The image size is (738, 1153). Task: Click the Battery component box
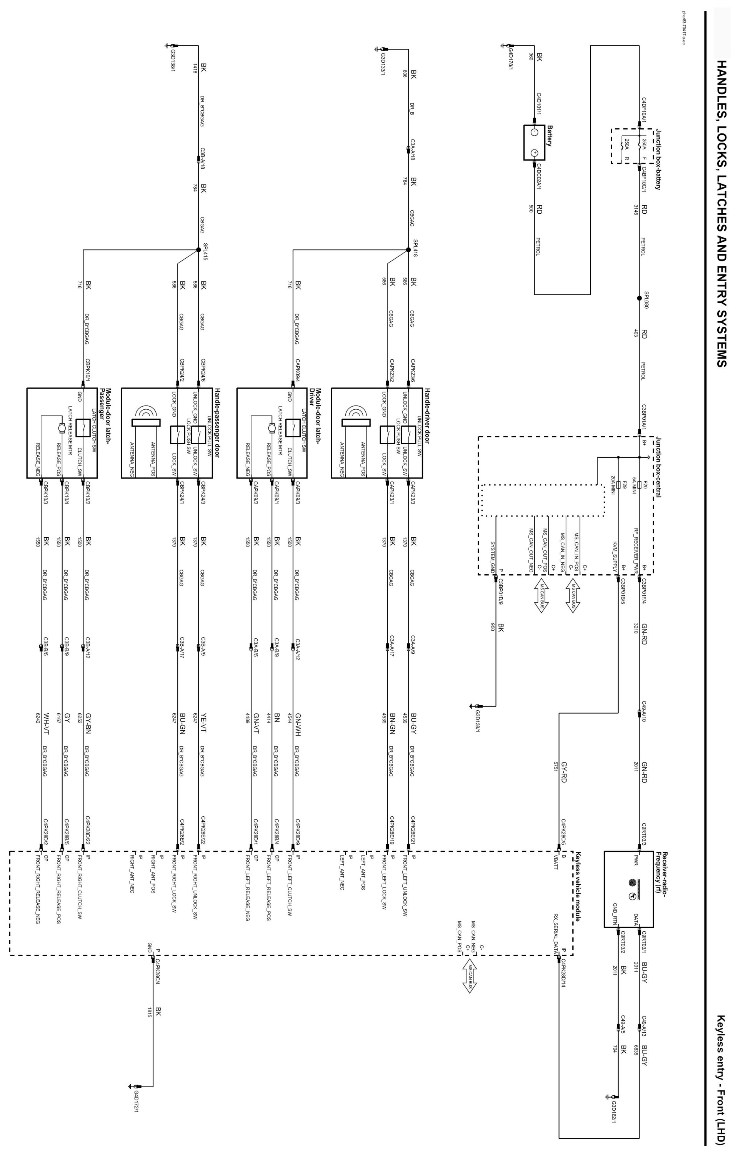pyautogui.click(x=534, y=143)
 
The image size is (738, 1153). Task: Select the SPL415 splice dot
pyautogui.click(x=198, y=250)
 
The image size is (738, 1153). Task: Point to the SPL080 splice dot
pyautogui.click(x=639, y=298)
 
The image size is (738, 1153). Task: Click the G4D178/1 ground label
pyautogui.click(x=511, y=59)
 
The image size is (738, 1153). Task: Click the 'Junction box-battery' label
pyautogui.click(x=658, y=159)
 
